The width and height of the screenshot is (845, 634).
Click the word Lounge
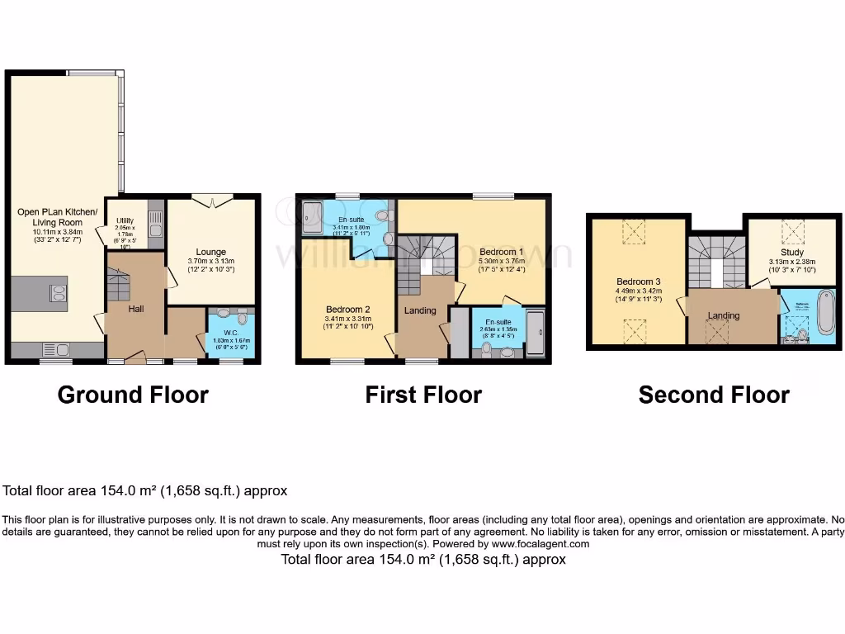click(211, 252)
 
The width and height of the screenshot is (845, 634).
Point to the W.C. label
click(219, 334)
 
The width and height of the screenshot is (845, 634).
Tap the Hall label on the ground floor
click(137, 309)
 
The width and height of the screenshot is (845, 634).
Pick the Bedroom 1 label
click(503, 251)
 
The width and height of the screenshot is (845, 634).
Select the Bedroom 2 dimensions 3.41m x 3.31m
click(347, 319)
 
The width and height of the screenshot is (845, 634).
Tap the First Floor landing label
click(420, 310)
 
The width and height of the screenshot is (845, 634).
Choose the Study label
click(791, 253)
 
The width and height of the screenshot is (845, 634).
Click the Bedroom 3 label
click(638, 280)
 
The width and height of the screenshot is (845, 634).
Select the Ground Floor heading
click(133, 395)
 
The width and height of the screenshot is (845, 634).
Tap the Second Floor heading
click(714, 395)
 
